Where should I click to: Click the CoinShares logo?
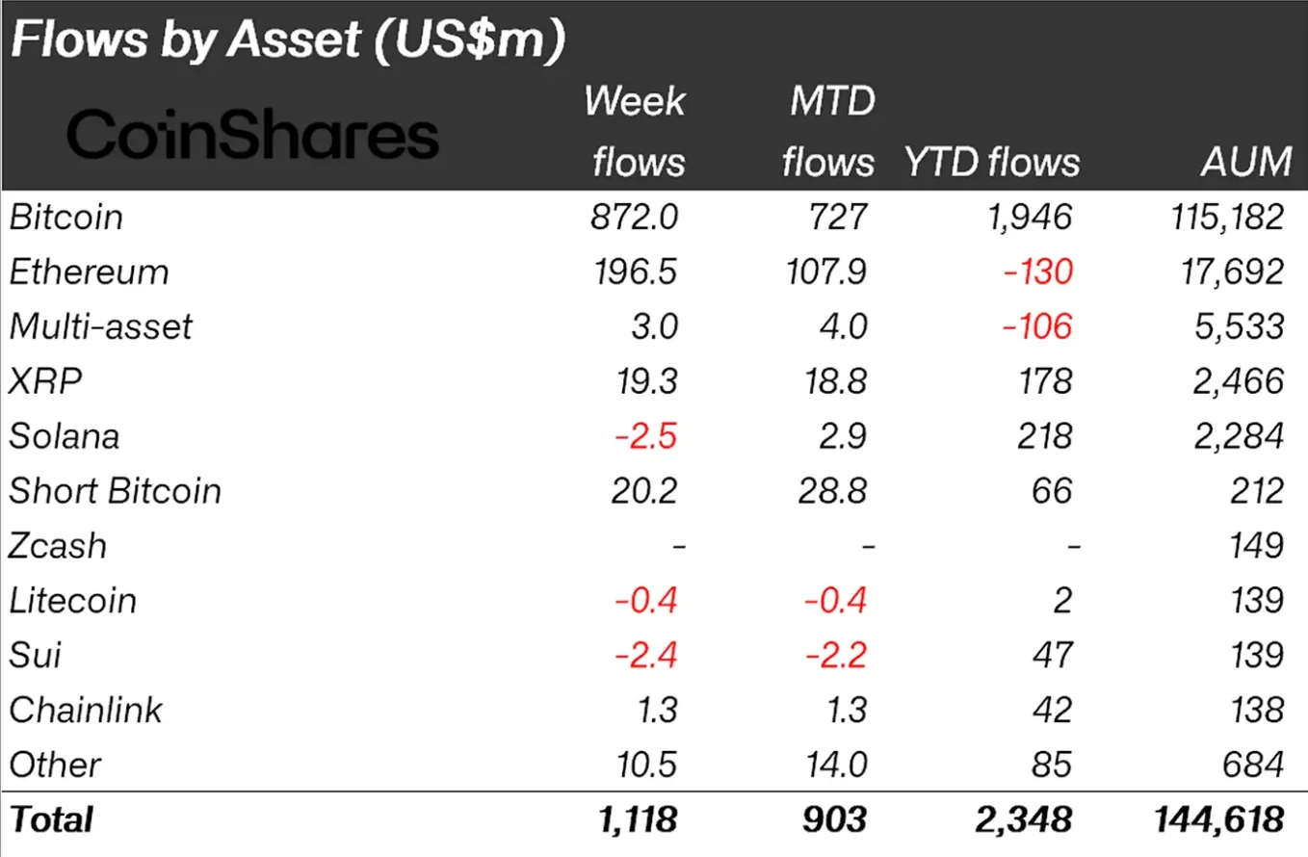pyautogui.click(x=252, y=135)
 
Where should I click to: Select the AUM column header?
pyautogui.click(x=1246, y=162)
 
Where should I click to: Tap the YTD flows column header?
pyautogui.click(x=991, y=162)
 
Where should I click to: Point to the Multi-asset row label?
pyautogui.click(x=100, y=326)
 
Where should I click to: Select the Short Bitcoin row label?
pyautogui.click(x=115, y=491)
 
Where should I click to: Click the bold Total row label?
pyautogui.click(x=51, y=819)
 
